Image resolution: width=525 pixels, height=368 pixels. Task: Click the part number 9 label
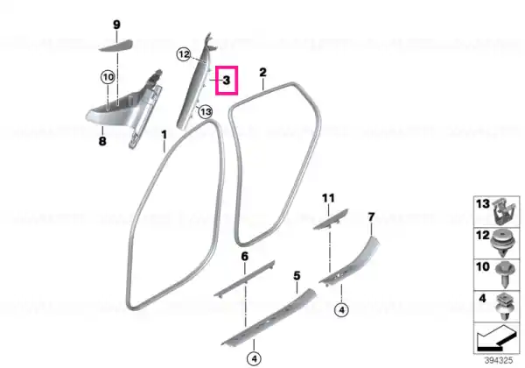pos(116,25)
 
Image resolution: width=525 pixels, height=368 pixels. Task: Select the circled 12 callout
pos(184,54)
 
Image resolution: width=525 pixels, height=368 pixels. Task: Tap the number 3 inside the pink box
pos(227,81)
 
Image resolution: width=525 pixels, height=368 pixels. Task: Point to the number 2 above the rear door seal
pos(263,73)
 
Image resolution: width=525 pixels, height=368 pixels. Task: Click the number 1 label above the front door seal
pos(164,135)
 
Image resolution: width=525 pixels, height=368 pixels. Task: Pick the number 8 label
pos(102,141)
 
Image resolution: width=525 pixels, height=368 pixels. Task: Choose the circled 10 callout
pos(108,77)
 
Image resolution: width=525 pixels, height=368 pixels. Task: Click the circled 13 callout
pos(206,111)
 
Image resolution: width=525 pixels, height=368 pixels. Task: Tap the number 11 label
pos(328,198)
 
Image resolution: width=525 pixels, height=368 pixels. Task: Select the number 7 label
pos(371,217)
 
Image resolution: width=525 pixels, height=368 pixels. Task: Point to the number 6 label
pos(245,257)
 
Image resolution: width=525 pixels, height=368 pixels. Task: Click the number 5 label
pos(297,276)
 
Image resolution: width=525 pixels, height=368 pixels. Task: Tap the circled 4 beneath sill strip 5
pos(254,359)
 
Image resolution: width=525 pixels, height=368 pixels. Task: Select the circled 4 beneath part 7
pos(341,310)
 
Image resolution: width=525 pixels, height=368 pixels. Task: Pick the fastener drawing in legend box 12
pos(502,244)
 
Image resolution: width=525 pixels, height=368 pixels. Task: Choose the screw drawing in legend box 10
pos(504,274)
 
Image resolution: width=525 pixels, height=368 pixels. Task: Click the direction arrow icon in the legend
pos(496,337)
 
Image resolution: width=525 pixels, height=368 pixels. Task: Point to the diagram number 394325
pos(499,360)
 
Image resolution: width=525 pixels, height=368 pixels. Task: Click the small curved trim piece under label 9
pos(115,46)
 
